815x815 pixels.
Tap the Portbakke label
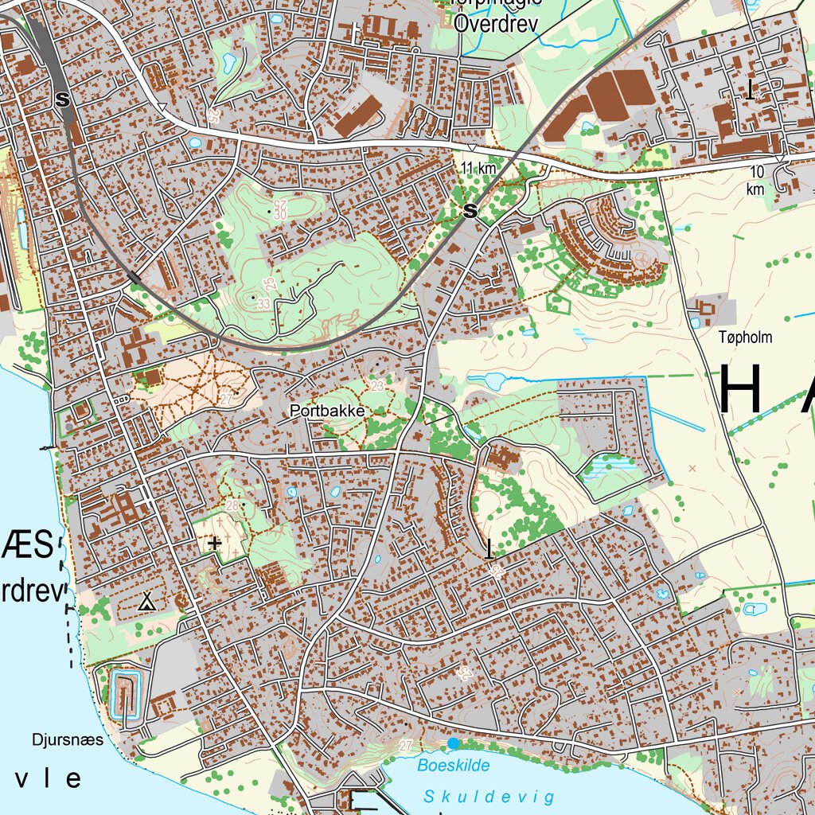[328, 411]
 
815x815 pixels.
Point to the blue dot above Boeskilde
[453, 743]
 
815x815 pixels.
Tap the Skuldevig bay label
[488, 797]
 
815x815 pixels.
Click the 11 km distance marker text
[478, 168]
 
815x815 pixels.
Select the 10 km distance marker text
[755, 180]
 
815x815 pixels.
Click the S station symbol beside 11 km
[470, 211]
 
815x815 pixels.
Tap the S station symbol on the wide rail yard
[63, 100]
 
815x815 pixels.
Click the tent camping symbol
[146, 602]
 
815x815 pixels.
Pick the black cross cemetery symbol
[213, 544]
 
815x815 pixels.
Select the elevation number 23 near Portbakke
[376, 386]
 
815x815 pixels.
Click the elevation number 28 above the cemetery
[232, 505]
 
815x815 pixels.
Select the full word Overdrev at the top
[497, 24]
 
